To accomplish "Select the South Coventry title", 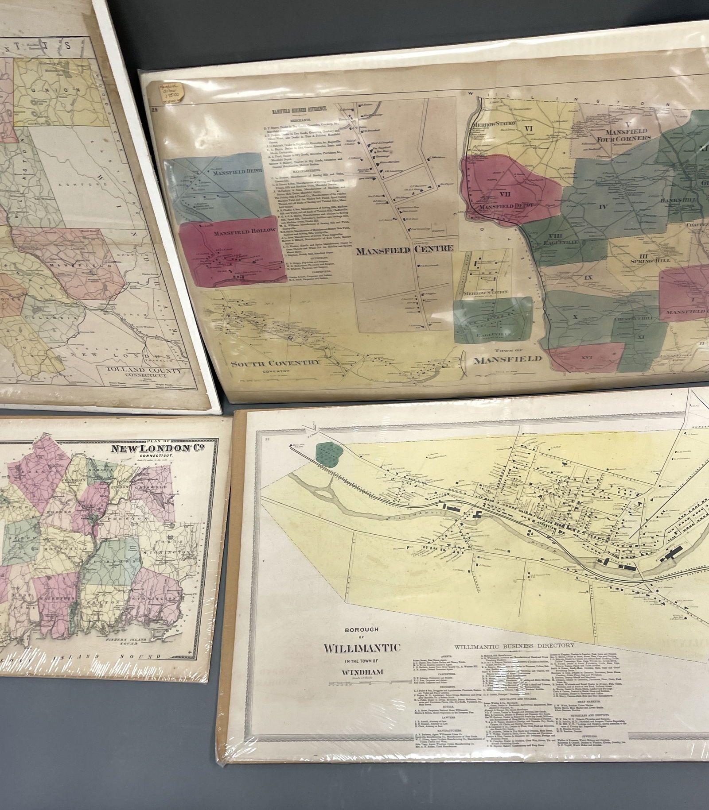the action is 275,363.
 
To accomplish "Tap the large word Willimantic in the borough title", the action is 362,648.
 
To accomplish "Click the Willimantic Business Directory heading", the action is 514,646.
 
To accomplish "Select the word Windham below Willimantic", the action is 362,672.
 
